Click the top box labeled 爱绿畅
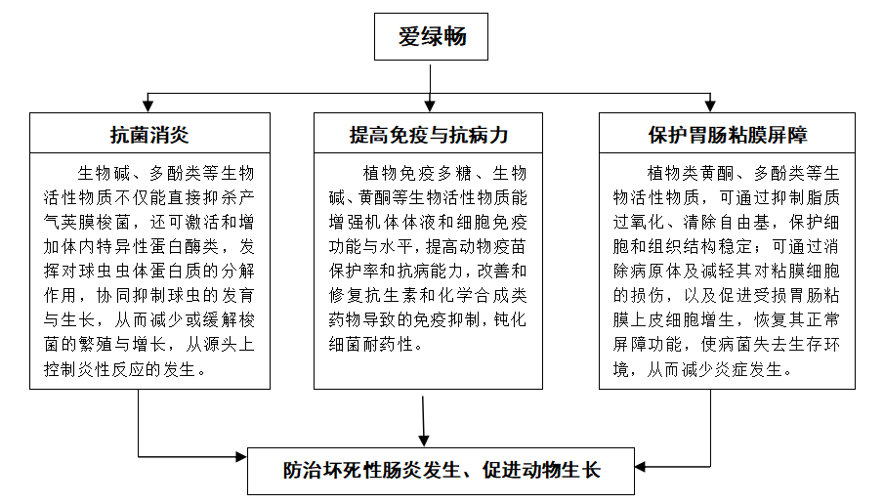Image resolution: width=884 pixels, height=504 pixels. point(432,39)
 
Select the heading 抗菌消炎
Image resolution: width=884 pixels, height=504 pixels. point(147,133)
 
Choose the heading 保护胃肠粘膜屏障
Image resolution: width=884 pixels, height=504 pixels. point(727,133)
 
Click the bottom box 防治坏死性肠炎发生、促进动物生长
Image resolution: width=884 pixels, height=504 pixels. point(442,470)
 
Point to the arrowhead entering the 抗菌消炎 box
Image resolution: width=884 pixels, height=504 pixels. point(147,106)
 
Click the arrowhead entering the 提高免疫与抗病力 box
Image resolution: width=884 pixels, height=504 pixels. point(430,106)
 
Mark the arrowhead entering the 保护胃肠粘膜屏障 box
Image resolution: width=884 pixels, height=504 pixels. point(725,106)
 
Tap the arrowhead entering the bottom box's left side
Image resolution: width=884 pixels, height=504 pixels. point(243,456)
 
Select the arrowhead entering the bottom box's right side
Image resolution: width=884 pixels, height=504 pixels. point(641,456)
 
